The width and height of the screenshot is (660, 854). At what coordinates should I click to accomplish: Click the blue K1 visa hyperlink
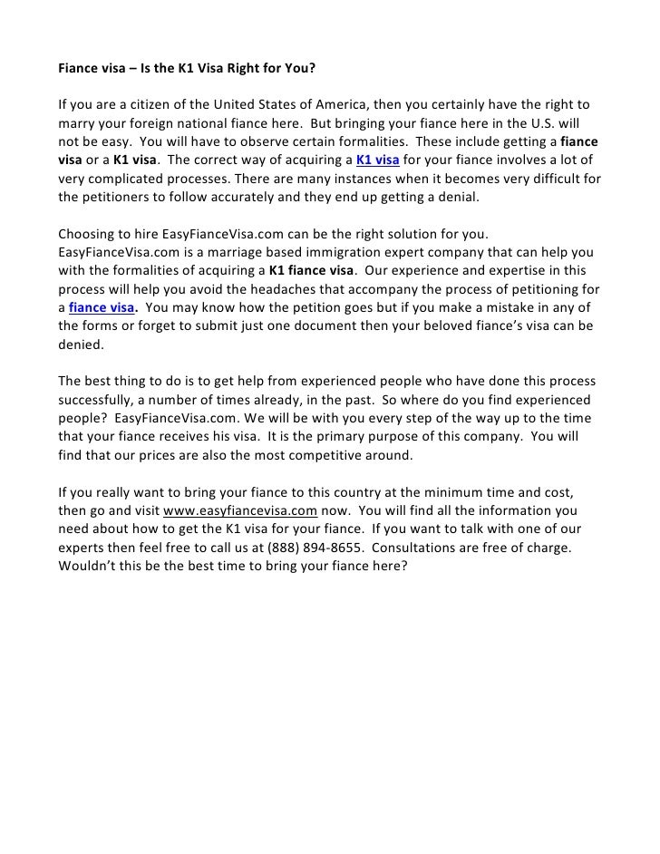pyautogui.click(x=383, y=161)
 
